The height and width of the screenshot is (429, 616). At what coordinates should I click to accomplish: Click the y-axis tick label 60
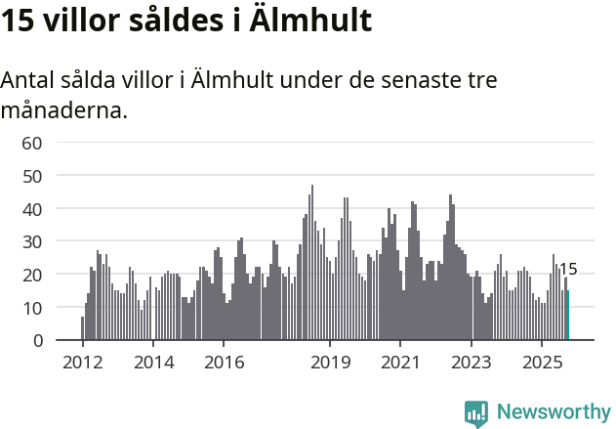pyautogui.click(x=32, y=143)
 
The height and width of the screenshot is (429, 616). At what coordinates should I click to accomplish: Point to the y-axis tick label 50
pyautogui.click(x=32, y=176)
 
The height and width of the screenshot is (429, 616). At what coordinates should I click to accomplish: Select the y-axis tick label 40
pyautogui.click(x=32, y=209)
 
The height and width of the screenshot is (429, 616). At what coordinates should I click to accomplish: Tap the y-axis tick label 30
pyautogui.click(x=32, y=241)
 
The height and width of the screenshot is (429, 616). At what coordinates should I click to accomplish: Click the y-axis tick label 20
pyautogui.click(x=32, y=275)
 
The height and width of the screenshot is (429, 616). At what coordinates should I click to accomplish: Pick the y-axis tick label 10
pyautogui.click(x=32, y=308)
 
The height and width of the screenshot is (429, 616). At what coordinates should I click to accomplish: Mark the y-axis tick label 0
pyautogui.click(x=37, y=341)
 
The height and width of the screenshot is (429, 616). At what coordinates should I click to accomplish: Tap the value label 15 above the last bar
pyautogui.click(x=568, y=270)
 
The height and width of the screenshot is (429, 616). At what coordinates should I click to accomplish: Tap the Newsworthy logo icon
pyautogui.click(x=476, y=413)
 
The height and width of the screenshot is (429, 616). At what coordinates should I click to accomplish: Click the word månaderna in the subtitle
pyautogui.click(x=63, y=110)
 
